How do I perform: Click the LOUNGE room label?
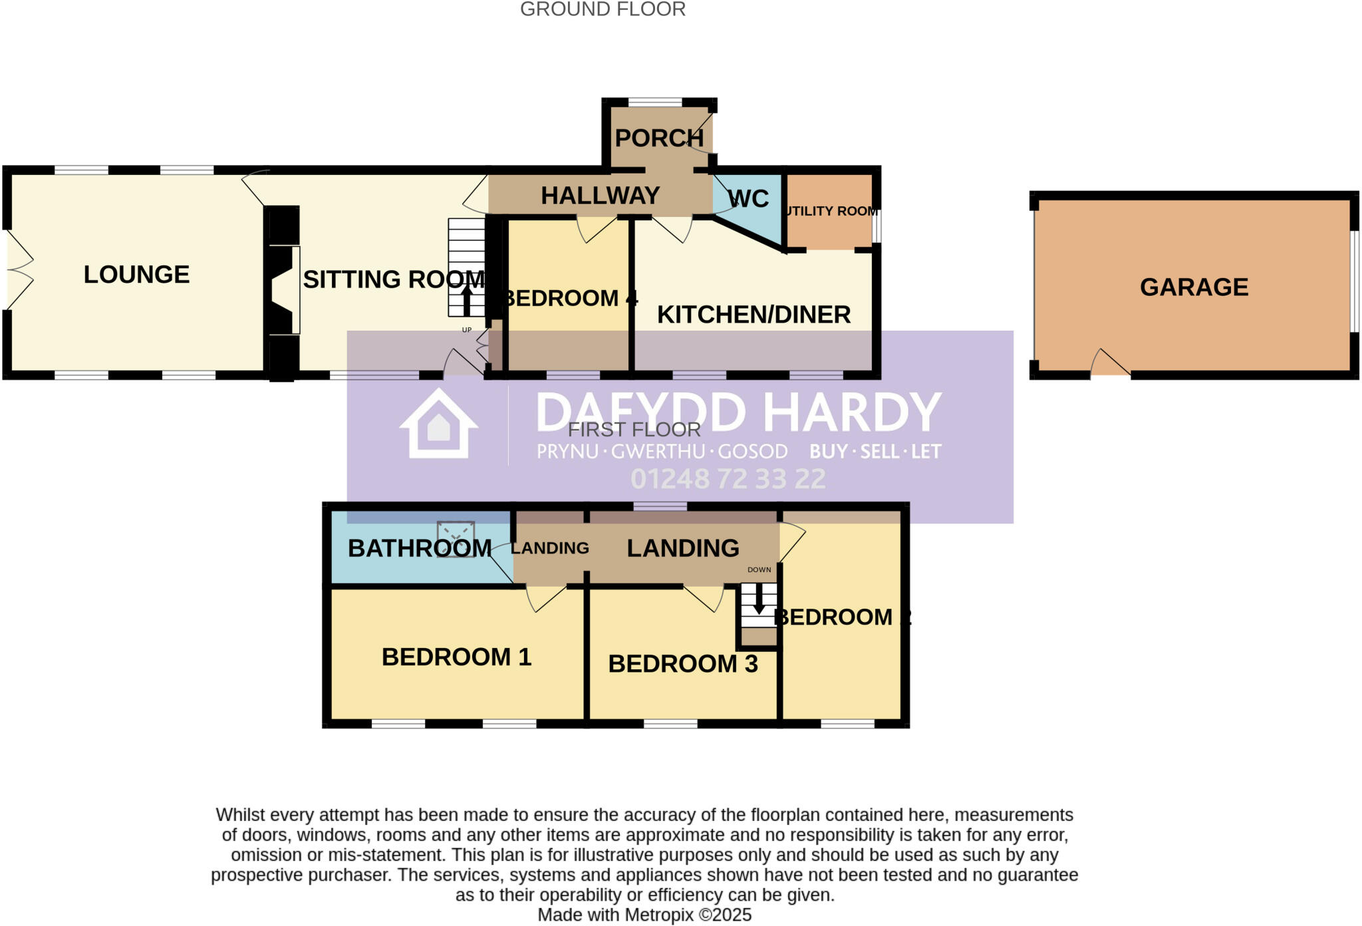(136, 275)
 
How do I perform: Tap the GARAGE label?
(1194, 287)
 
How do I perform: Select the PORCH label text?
(658, 138)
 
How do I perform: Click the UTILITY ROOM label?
(831, 212)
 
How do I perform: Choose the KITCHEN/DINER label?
(753, 315)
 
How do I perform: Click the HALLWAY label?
(600, 196)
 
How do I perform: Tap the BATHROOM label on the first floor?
(420, 548)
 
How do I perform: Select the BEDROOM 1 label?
(456, 657)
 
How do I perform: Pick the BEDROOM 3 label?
(682, 664)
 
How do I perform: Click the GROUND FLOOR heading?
(603, 9)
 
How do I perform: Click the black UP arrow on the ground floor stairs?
(467, 300)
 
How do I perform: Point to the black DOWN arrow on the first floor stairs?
(759, 599)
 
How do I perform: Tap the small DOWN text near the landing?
(759, 570)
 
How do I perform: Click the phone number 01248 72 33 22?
(728, 479)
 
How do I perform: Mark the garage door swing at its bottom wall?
(1109, 363)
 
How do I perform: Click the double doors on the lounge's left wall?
(19, 269)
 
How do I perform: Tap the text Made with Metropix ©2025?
(644, 915)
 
